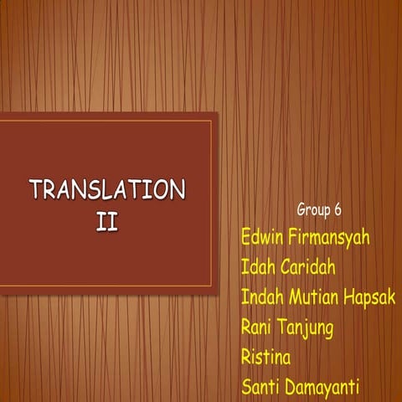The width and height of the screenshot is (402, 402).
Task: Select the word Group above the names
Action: [314, 209]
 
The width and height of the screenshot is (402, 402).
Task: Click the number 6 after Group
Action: [338, 209]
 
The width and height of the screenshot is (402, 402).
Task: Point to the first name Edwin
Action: [263, 237]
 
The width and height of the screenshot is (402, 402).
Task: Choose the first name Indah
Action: [261, 297]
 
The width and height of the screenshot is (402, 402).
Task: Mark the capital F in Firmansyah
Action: [294, 237]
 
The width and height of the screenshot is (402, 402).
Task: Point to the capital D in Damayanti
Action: [290, 388]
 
